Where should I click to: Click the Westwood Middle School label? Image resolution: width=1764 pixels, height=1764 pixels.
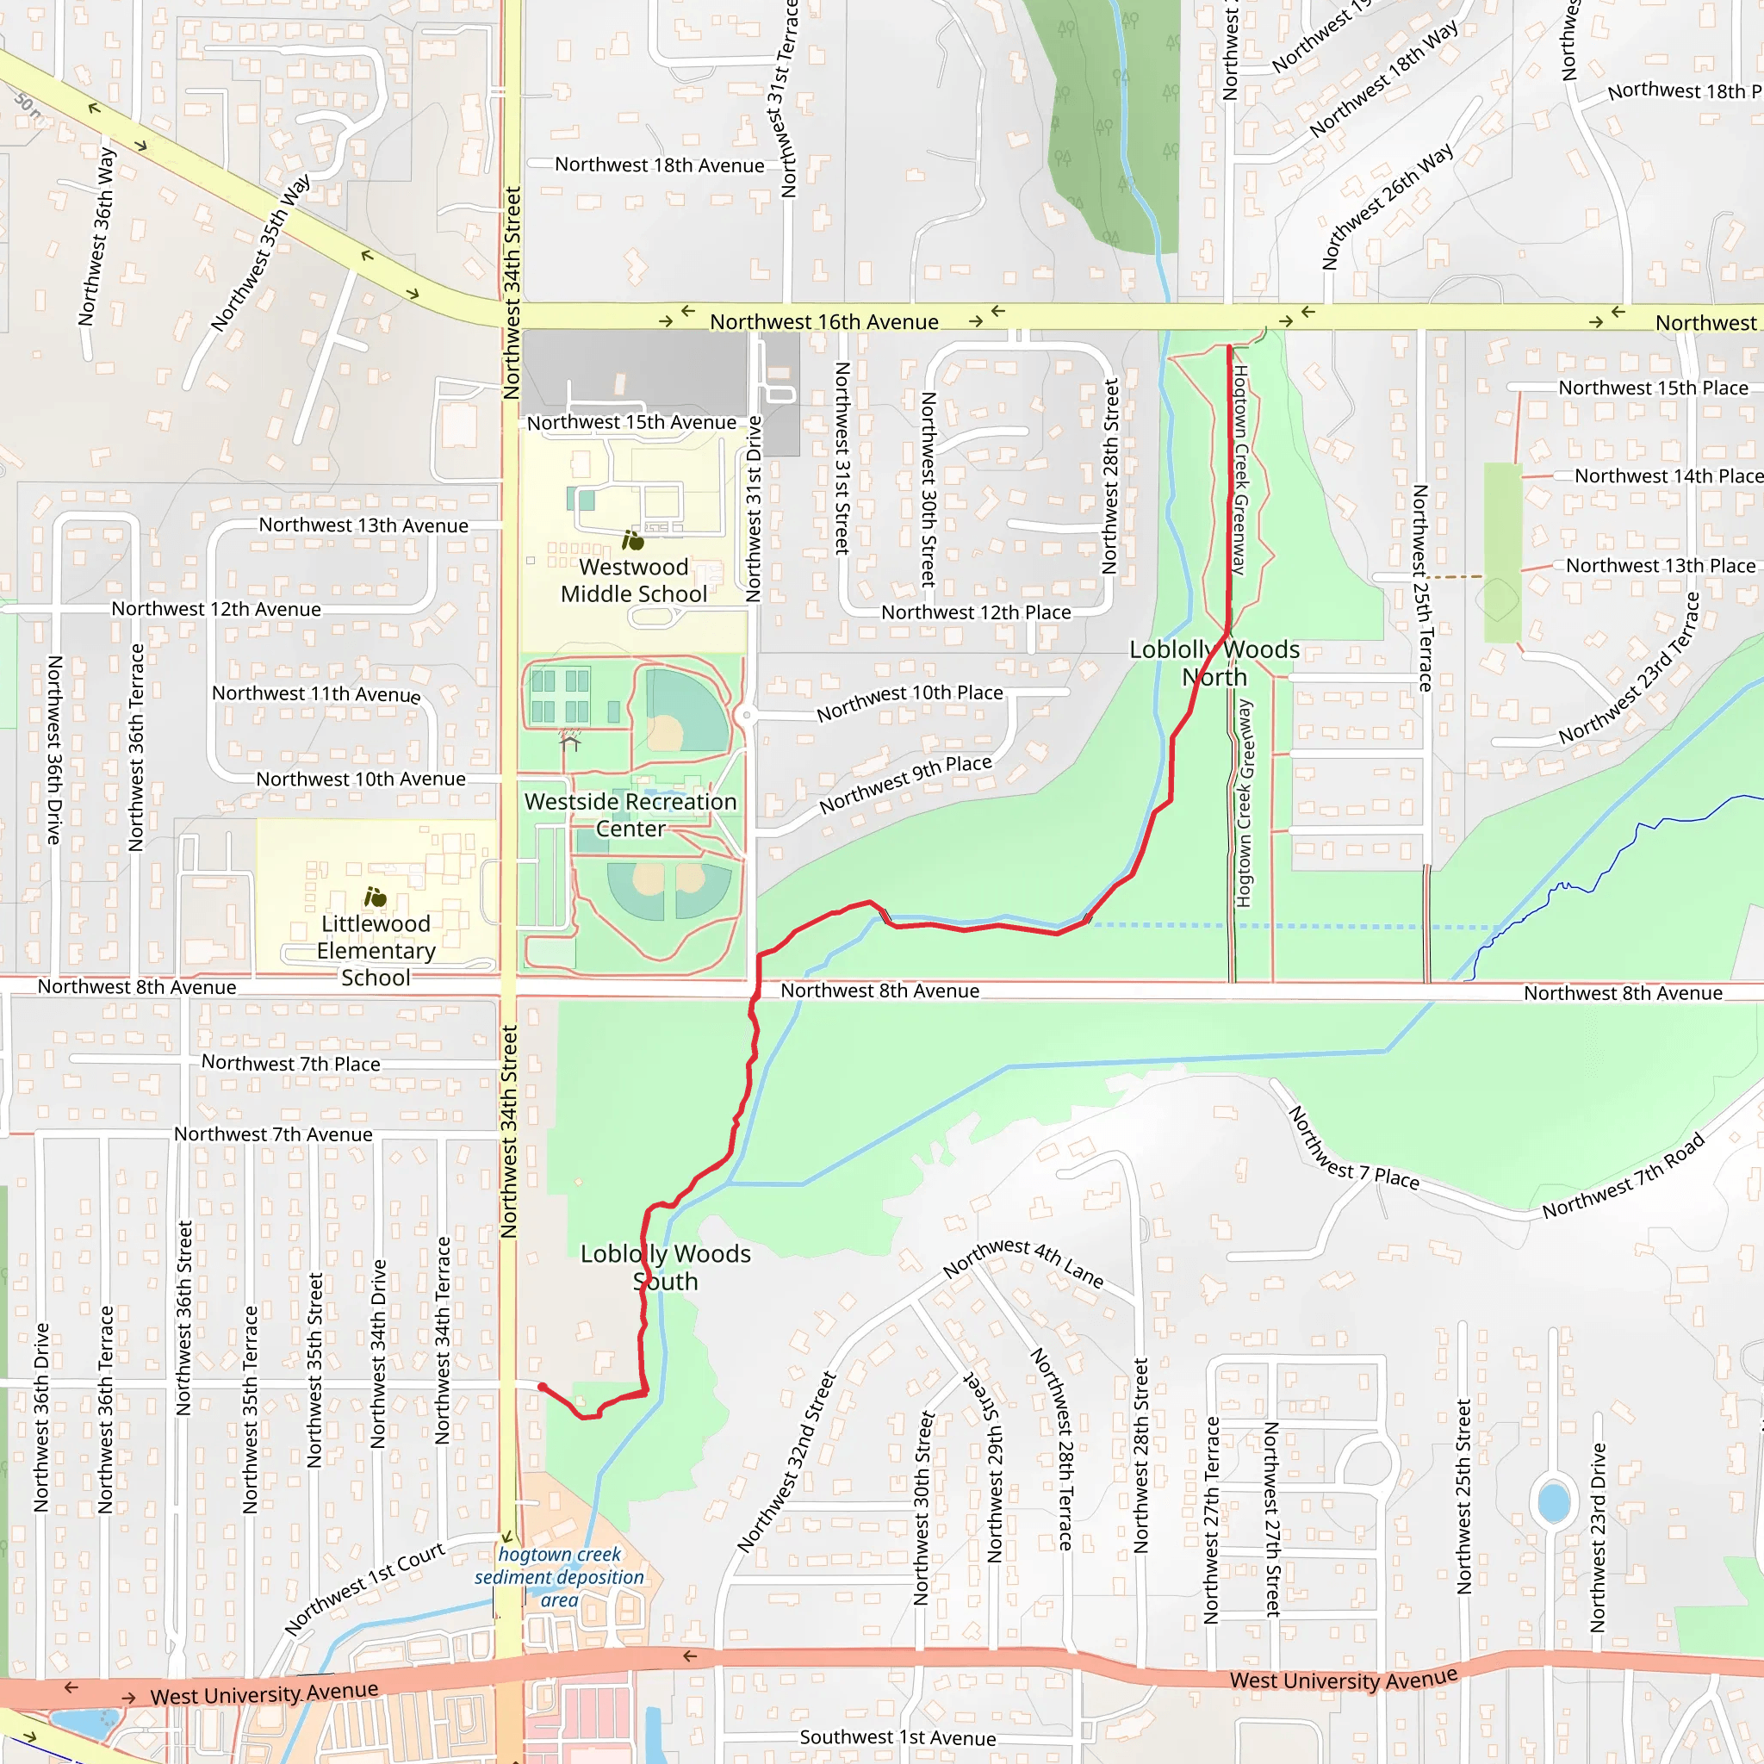[x=634, y=581]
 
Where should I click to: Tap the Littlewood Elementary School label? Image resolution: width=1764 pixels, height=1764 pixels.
[x=376, y=951]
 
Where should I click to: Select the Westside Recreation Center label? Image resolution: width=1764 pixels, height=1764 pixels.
[x=630, y=815]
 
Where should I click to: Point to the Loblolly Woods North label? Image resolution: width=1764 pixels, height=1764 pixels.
[x=1214, y=663]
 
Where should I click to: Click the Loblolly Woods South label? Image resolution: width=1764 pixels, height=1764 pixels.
[x=666, y=1267]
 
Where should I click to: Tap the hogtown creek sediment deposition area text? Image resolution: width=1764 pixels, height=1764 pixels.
[x=559, y=1577]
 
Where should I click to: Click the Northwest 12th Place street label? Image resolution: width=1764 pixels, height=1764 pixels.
[x=975, y=612]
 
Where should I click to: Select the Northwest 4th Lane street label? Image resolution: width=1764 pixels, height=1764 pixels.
[x=1023, y=1262]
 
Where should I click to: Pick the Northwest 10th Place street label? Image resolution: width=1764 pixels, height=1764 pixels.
[x=910, y=703]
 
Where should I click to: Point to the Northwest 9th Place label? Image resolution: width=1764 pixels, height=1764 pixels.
[x=905, y=785]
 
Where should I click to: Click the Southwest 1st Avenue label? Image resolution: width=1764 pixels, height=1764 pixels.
[x=898, y=1737]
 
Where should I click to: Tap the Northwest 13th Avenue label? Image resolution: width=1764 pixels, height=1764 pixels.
[x=363, y=525]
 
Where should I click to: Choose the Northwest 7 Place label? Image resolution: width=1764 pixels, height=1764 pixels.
[x=1353, y=1149]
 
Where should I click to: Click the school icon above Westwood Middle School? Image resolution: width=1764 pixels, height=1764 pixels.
[x=633, y=541]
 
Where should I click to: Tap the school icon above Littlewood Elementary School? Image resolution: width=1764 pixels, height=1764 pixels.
[x=376, y=897]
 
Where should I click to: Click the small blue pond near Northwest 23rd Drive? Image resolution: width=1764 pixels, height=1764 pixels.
[x=1553, y=1502]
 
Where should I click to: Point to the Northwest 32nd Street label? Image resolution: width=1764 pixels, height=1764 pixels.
[x=786, y=1463]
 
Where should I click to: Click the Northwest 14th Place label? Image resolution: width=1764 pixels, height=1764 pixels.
[x=1668, y=475]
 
